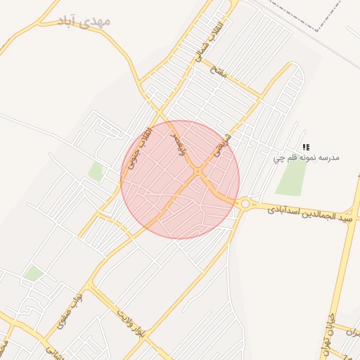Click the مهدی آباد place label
[84, 21]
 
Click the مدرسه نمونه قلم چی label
[307, 158]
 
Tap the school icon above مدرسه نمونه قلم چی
[306, 147]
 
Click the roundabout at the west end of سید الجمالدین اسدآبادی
[245, 204]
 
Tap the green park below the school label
[290, 179]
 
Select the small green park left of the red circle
[95, 171]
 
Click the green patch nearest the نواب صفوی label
[32, 274]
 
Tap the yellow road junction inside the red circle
[199, 171]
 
